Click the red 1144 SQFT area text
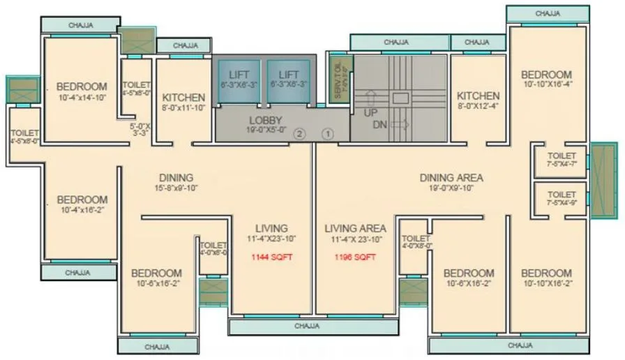tap(272, 257)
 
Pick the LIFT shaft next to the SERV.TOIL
tap(289, 80)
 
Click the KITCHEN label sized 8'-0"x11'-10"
tap(183, 98)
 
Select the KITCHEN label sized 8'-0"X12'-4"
tap(478, 96)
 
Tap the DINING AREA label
tap(451, 178)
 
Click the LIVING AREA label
tap(356, 228)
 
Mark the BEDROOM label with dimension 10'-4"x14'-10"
tap(82, 87)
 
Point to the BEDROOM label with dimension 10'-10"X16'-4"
tap(547, 75)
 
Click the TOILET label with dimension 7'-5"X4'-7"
tap(562, 156)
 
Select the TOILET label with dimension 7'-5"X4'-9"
tap(562, 195)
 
